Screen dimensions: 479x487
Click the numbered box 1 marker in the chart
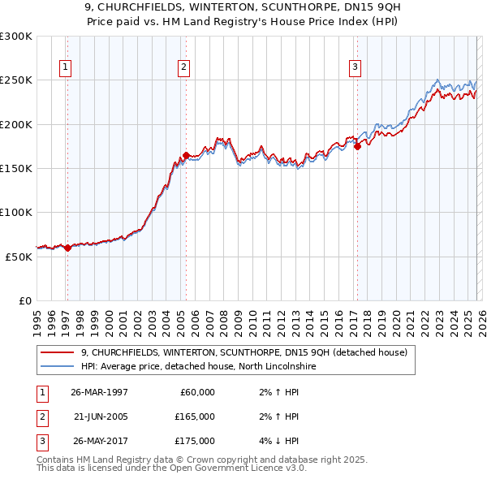pyautogui.click(x=65, y=67)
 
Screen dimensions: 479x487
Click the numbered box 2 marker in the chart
pyautogui.click(x=184, y=67)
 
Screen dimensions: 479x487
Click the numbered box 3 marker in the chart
pyautogui.click(x=356, y=67)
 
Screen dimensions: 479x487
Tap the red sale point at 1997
pyautogui.click(x=67, y=248)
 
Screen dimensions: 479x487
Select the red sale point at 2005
pyautogui.click(x=186, y=155)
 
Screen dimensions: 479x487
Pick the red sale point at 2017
pyautogui.click(x=357, y=147)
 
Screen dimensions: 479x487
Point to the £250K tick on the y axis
pyautogui.click(x=16, y=80)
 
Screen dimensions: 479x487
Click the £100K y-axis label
pyautogui.click(x=16, y=212)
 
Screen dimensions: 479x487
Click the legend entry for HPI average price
pyautogui.click(x=192, y=367)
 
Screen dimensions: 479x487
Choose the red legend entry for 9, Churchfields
pyautogui.click(x=248, y=352)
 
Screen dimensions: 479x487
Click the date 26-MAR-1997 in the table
pyautogui.click(x=99, y=392)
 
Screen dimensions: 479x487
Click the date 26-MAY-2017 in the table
pyautogui.click(x=99, y=441)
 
